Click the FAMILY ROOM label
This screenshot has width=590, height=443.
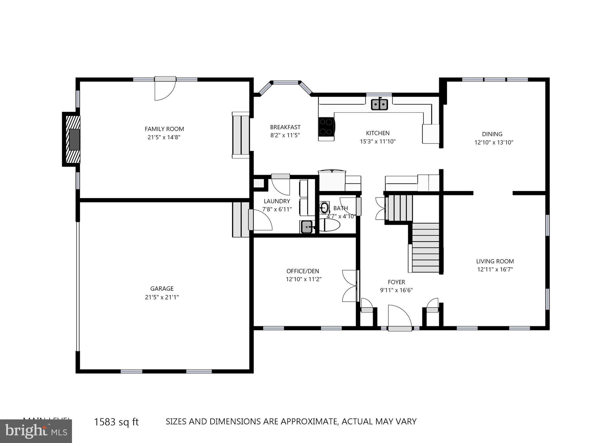(x=164, y=129)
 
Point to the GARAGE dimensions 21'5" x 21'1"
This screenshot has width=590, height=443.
(x=162, y=297)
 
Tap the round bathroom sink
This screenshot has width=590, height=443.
(x=324, y=207)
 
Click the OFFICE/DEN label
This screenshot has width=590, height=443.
(x=303, y=271)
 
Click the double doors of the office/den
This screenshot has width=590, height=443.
(x=350, y=286)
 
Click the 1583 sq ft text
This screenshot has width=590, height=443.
(x=116, y=422)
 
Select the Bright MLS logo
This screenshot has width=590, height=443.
(x=36, y=431)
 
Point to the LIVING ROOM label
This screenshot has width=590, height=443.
(x=495, y=261)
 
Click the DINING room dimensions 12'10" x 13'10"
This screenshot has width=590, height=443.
(x=494, y=142)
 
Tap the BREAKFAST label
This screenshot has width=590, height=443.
(x=285, y=127)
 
